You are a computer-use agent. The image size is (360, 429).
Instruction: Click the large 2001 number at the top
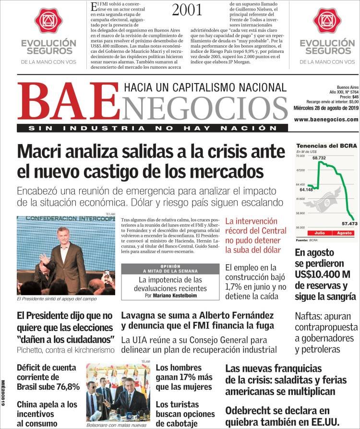coord(187,10)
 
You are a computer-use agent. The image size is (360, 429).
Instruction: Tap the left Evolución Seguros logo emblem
coord(48,21)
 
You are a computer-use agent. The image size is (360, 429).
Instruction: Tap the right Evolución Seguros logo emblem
coord(327,21)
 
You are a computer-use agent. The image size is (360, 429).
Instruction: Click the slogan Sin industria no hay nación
coord(153,128)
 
